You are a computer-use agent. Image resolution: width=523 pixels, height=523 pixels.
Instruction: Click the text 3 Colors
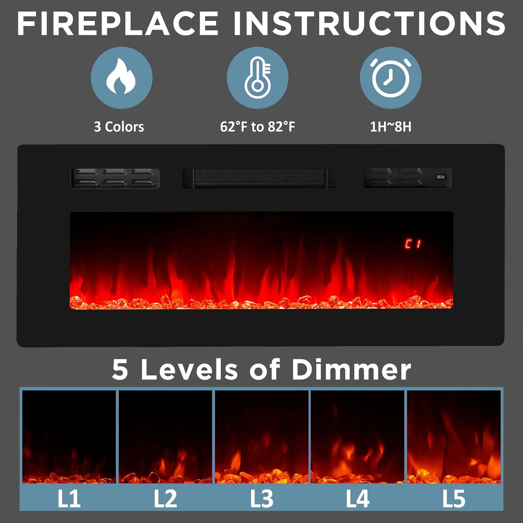coord(119,127)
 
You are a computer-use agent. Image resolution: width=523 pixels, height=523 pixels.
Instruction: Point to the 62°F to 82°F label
coord(258,127)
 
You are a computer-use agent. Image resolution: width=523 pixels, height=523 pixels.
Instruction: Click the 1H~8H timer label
coord(391,127)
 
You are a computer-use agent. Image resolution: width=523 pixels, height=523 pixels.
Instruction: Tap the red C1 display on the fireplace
coord(413,244)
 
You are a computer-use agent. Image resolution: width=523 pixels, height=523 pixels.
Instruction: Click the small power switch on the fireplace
coord(441,177)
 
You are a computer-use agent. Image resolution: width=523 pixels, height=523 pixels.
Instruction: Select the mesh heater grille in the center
coord(260,179)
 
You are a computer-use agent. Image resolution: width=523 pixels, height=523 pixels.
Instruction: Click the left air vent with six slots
coord(115,179)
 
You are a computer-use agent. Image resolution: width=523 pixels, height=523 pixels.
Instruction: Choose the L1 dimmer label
coord(69,499)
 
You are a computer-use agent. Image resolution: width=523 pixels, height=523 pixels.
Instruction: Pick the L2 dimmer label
coord(165,499)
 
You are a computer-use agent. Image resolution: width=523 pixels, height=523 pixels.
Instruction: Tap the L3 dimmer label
coord(261,499)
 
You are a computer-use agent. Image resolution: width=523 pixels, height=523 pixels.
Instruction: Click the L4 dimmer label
coord(357,499)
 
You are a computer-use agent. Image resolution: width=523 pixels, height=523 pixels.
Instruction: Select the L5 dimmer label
coord(454,499)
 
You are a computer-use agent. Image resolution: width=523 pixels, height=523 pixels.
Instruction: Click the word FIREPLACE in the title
coord(118,23)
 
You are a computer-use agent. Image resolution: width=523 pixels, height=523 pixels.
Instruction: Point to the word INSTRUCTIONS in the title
coord(369,23)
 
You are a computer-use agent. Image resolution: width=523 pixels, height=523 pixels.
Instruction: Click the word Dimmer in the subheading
coord(351,369)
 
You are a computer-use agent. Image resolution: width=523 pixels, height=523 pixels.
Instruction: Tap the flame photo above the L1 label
coord(69,437)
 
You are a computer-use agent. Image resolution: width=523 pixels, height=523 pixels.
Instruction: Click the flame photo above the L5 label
coord(454,437)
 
